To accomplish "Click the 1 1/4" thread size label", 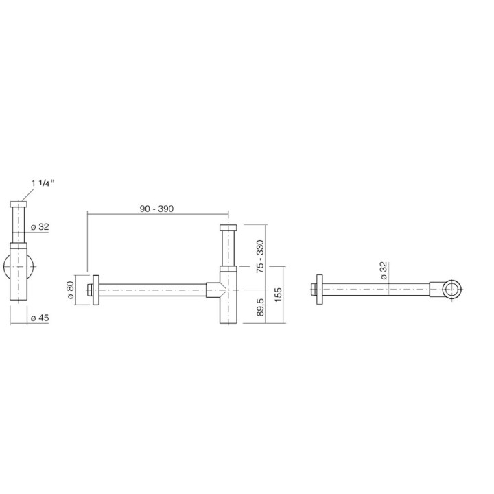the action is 43,183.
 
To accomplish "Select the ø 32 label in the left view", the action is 40,227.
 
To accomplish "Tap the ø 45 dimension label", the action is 40,318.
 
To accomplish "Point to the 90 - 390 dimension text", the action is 156,209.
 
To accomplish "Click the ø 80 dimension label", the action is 70,290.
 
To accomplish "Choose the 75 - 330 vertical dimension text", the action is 260,256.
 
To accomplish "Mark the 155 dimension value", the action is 278,294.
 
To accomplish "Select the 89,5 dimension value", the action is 260,307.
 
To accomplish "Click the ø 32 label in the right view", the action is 384,270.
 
